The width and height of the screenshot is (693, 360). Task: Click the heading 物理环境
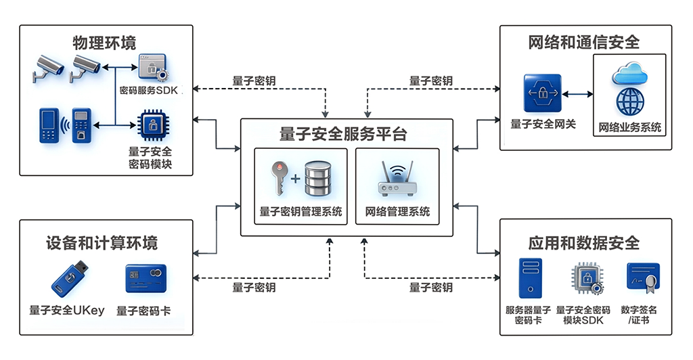[105, 43]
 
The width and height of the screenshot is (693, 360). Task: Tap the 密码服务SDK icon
[153, 69]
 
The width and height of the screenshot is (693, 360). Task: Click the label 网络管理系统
[397, 212]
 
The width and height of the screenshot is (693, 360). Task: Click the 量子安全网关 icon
[543, 93]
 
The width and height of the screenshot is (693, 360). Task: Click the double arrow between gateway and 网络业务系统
[577, 93]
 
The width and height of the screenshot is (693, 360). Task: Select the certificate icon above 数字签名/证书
[642, 279]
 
